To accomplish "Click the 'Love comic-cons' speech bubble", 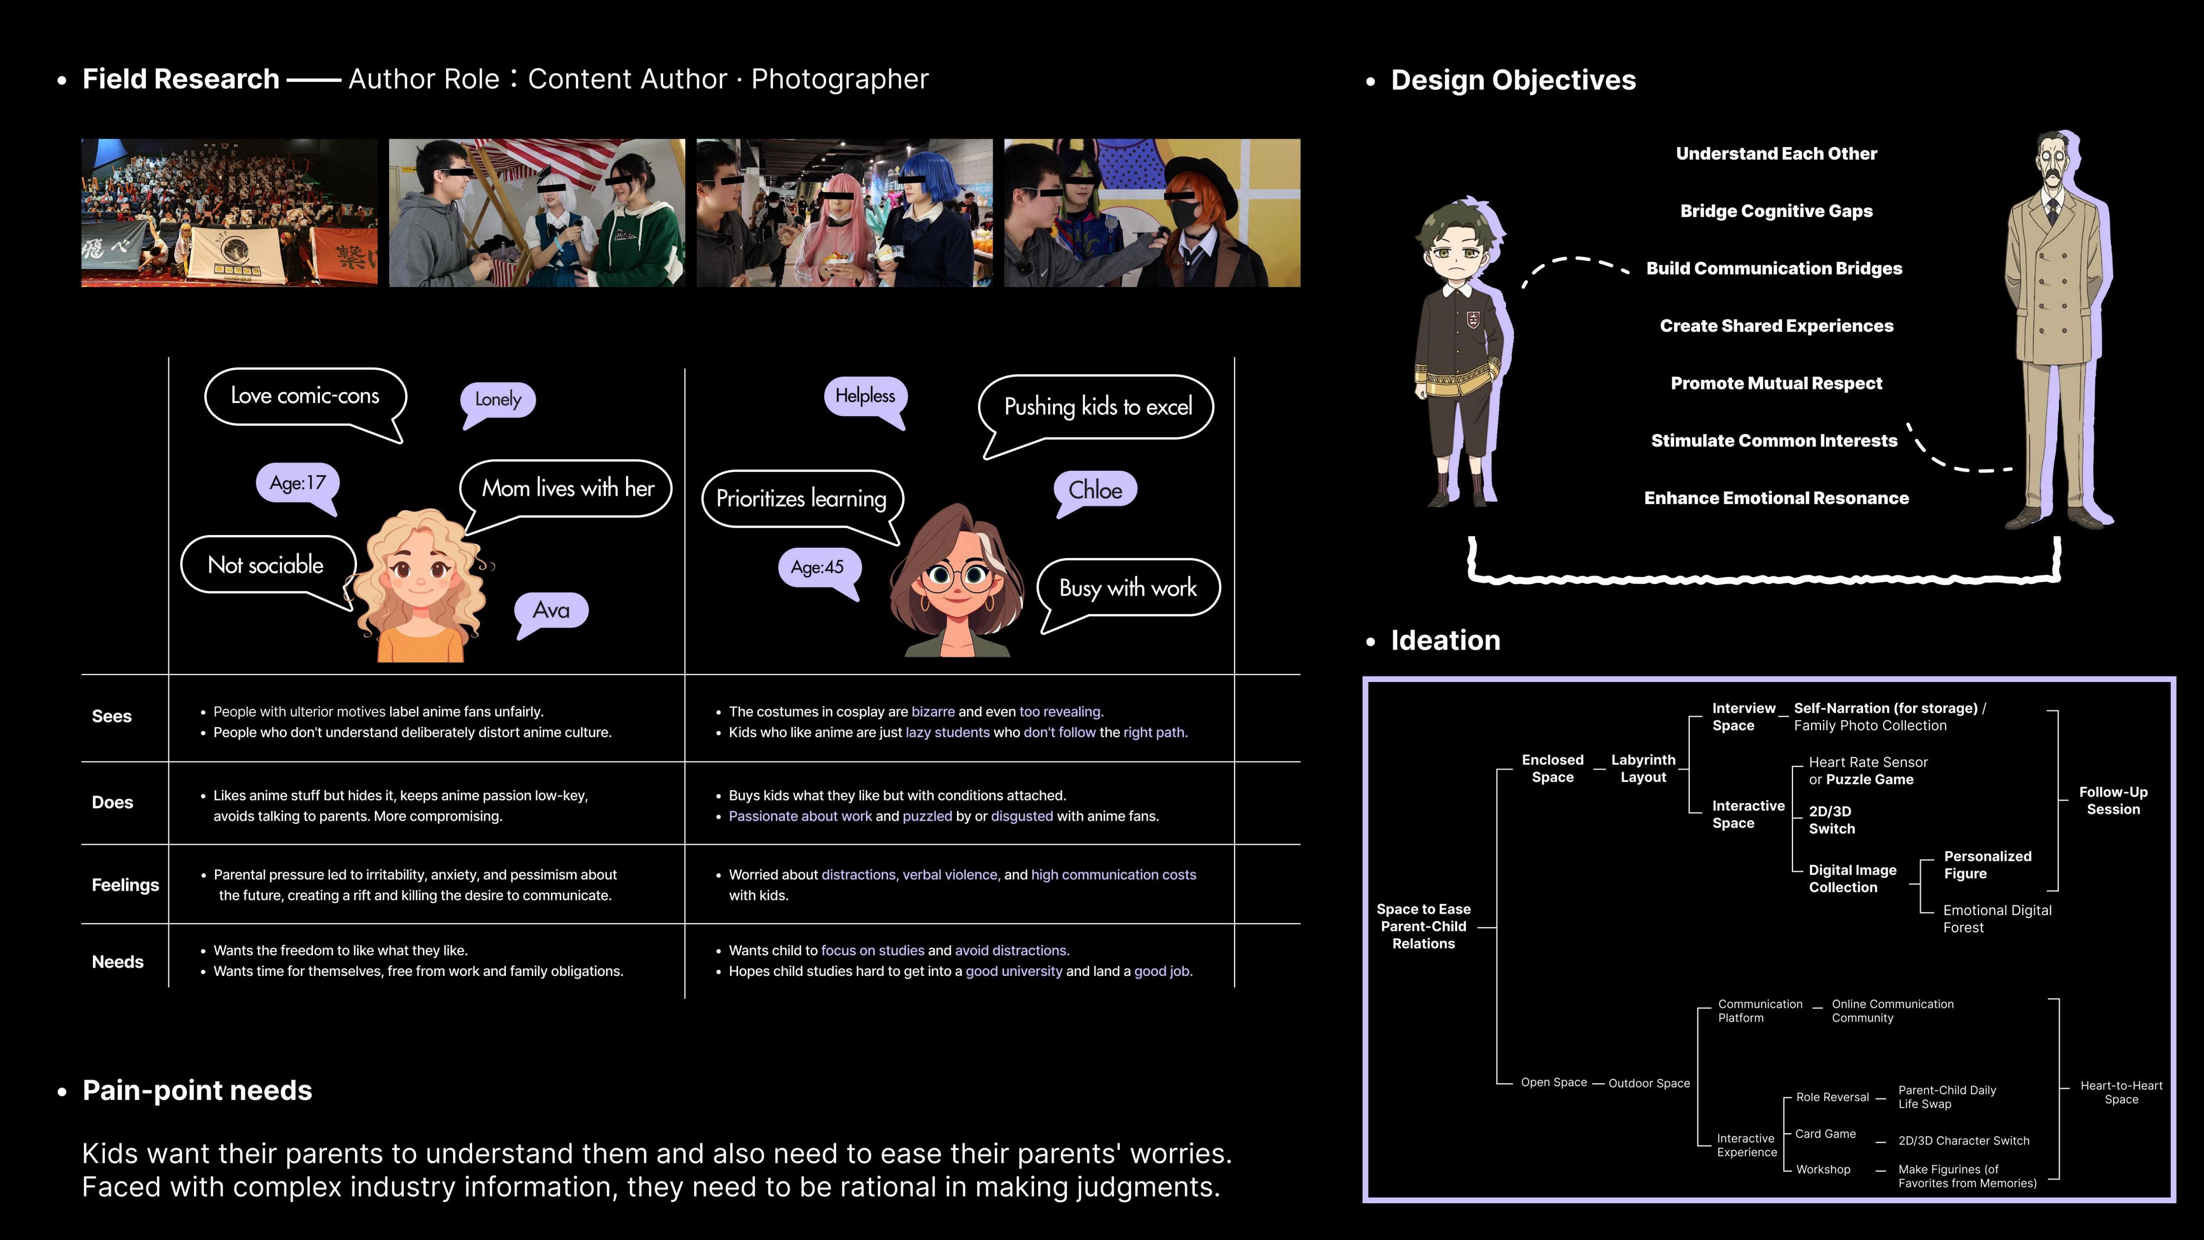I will coord(305,395).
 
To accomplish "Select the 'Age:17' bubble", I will coord(298,483).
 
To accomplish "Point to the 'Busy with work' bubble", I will coord(1127,588).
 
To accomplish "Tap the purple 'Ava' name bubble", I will coord(551,610).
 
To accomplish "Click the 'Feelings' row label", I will coord(125,885).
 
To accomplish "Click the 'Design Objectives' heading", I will coord(1513,79).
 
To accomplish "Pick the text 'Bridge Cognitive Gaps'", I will coord(1776,211).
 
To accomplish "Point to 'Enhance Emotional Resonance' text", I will coord(1776,498).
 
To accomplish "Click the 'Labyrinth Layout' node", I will coord(1643,769).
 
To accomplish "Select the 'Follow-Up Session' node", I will coord(2112,800).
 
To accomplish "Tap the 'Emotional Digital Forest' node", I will coord(1997,918).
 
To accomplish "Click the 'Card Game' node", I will coord(1825,1134).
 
